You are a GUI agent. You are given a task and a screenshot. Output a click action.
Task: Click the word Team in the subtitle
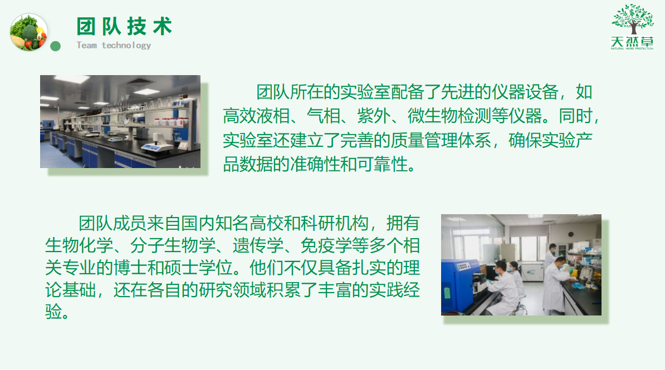click(86, 45)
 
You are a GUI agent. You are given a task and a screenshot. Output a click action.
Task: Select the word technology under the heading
click(126, 46)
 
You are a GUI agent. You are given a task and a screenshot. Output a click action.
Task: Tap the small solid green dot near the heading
click(55, 46)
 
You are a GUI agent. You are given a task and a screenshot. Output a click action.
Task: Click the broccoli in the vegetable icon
click(29, 32)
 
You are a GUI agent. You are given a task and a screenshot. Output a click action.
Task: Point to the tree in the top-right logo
click(633, 19)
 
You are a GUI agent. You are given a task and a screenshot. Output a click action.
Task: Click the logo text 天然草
click(632, 42)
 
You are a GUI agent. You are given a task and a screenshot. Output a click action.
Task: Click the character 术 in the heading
click(163, 26)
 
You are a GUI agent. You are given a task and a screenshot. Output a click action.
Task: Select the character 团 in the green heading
click(86, 26)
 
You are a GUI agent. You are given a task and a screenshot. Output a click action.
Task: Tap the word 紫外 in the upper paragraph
click(374, 116)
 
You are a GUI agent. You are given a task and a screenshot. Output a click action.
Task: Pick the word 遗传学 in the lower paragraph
click(258, 245)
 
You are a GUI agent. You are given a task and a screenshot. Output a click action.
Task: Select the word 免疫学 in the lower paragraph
click(326, 245)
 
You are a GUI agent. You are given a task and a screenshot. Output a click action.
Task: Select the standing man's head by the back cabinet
click(552, 248)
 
